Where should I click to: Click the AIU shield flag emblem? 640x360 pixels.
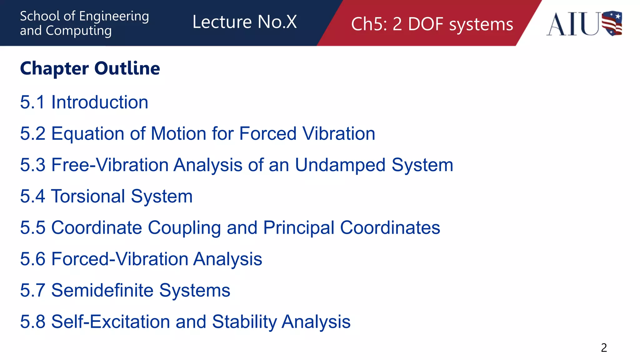click(x=612, y=23)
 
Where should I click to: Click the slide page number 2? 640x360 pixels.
click(x=604, y=348)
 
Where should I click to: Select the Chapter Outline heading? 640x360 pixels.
click(x=90, y=68)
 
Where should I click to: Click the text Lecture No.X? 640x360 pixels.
click(x=244, y=22)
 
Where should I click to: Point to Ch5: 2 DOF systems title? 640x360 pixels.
click(x=432, y=24)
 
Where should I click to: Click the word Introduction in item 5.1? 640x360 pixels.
click(x=100, y=102)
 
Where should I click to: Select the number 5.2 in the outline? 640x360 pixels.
click(x=33, y=134)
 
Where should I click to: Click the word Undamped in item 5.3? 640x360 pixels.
click(x=340, y=165)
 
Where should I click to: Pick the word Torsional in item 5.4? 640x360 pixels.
click(x=88, y=196)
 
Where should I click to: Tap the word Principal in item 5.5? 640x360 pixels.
click(x=299, y=227)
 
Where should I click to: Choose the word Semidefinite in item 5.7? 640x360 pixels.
click(x=102, y=290)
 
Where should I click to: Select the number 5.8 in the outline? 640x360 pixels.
click(x=33, y=322)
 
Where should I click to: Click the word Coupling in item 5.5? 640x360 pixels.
click(x=184, y=227)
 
